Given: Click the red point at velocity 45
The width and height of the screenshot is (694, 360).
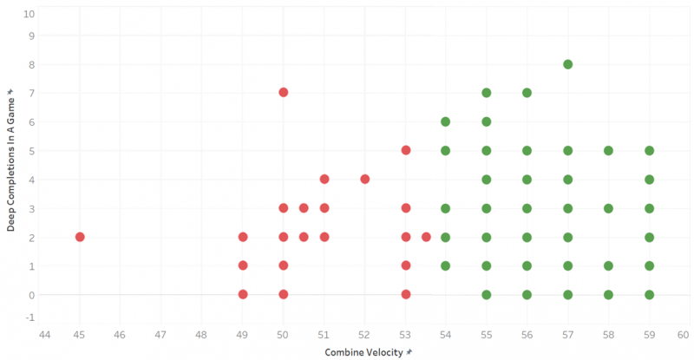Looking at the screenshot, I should pos(80,237).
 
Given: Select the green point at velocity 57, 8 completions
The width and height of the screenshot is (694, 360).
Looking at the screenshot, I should pos(567,64).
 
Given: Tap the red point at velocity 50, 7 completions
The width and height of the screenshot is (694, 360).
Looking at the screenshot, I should pos(283,92).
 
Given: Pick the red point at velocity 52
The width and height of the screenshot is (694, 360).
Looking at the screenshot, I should pos(364,180).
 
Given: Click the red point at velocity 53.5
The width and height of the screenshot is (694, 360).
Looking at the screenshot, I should pos(426,237).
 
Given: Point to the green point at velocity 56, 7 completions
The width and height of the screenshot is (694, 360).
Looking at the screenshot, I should pos(527,93).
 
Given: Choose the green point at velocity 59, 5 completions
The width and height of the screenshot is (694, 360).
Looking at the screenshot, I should pos(649,150).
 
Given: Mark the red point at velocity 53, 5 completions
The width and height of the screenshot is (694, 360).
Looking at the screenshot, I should pos(405,150).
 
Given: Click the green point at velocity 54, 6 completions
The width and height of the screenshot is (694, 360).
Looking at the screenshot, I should pos(446,121).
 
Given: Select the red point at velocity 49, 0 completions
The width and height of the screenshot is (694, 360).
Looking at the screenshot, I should pos(243,295).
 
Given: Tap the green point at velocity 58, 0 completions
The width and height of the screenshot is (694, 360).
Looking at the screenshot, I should pos(608,295).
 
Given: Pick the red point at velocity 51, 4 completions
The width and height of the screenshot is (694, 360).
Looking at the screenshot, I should pos(324,180).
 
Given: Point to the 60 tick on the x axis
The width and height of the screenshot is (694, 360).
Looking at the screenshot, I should pos(684,334).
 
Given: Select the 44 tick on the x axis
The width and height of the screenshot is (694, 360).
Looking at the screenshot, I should pos(39,334).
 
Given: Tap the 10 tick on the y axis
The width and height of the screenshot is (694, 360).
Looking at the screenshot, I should pos(30,14).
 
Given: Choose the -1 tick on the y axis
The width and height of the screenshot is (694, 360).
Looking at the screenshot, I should pos(30,317).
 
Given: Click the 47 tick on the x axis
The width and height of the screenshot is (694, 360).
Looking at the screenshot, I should pos(160,334).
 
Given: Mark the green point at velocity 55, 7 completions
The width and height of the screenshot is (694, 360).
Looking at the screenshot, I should pos(487,93).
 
